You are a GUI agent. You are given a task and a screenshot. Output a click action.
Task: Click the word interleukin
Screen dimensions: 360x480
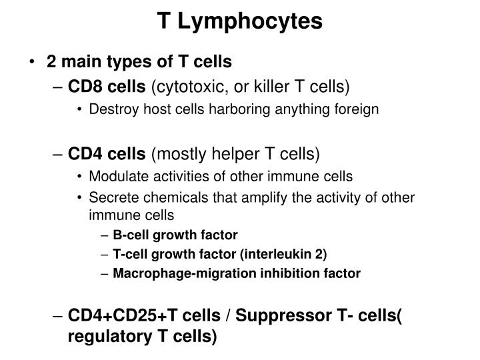[x=273, y=254]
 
